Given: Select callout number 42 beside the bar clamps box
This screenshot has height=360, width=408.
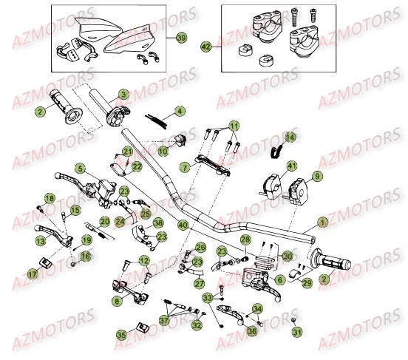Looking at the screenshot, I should [x=206, y=47].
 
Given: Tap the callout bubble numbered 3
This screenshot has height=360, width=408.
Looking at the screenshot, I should [x=123, y=94].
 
